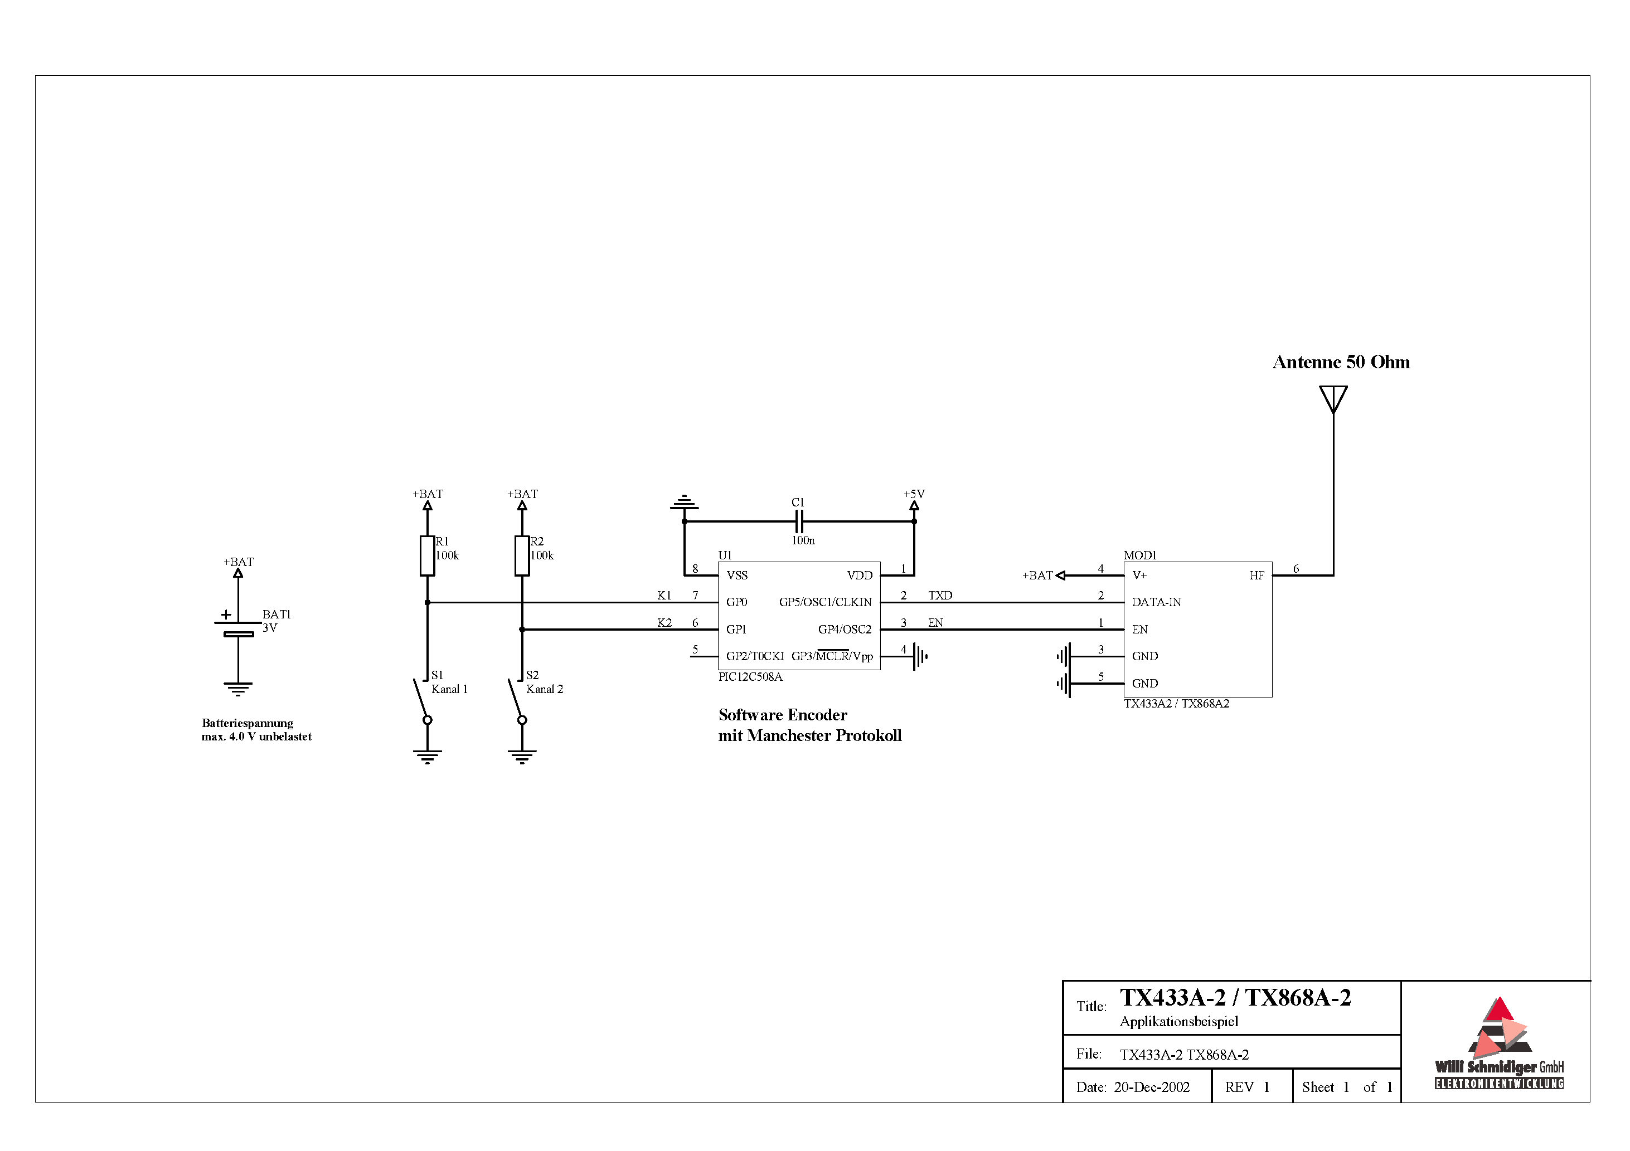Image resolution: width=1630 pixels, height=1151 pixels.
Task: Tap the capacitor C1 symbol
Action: coord(799,521)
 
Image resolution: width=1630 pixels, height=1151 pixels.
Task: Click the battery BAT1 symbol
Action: coord(238,627)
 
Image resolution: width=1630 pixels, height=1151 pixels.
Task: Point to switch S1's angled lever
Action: coord(421,698)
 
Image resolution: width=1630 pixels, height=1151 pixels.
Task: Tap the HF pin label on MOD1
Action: coord(1257,575)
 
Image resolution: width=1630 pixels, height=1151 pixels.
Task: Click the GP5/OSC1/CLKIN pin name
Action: coord(825,602)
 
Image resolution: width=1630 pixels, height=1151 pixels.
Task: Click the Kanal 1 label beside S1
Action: coord(449,689)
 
